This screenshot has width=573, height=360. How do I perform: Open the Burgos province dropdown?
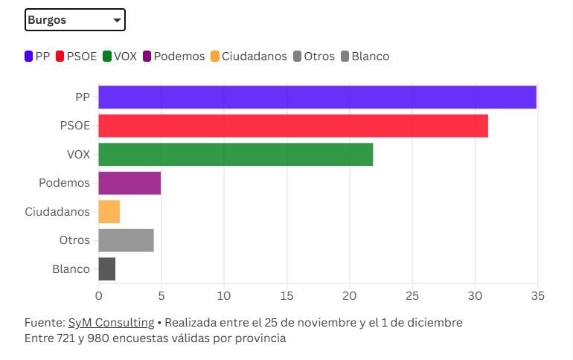pos(74,20)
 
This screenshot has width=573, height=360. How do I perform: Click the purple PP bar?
pos(317,97)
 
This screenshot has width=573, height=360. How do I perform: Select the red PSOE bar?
pos(292,126)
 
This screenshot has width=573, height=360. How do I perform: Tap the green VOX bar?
pos(235,154)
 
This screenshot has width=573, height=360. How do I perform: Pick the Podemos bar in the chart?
pos(129,183)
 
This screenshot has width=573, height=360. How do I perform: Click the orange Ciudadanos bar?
pos(109,211)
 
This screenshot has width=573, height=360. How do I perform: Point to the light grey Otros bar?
pos(126,240)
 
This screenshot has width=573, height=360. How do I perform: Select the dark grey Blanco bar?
pos(107,269)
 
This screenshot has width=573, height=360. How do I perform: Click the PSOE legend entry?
pos(77,57)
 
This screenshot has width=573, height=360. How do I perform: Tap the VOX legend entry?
pos(120,57)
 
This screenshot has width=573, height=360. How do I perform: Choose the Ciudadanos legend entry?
pos(249,57)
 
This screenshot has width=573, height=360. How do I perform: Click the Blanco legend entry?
pos(365,57)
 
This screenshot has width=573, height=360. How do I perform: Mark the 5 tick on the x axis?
pos(161,296)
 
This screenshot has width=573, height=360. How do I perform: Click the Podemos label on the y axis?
pos(64,183)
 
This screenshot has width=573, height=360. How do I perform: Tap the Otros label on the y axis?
pos(74,240)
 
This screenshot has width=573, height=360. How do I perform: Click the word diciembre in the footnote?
pos(435,323)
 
